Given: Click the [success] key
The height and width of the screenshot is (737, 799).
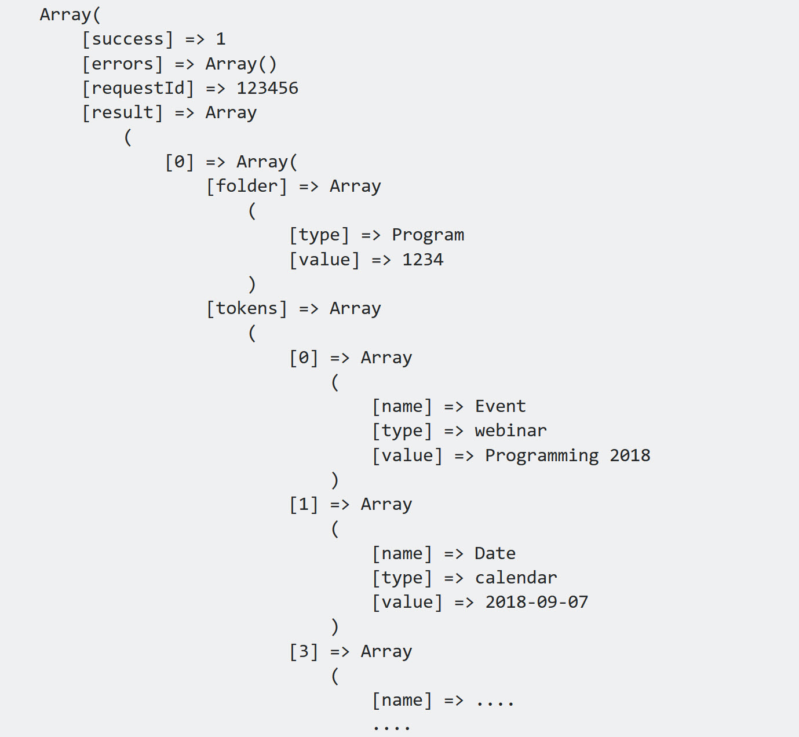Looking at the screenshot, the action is (127, 39).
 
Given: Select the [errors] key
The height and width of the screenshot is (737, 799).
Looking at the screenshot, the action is (122, 64).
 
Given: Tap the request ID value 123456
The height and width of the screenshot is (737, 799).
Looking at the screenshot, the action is (267, 88).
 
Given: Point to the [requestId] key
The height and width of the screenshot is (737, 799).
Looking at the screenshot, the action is (138, 88).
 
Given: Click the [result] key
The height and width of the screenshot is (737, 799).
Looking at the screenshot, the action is (122, 112).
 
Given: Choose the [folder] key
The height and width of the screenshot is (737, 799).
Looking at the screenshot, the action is (247, 186).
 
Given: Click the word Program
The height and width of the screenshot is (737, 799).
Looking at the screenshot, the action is (428, 235).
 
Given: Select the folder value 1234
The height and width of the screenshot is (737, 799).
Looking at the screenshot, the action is (422, 260).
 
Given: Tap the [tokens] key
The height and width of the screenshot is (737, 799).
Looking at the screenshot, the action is (247, 308).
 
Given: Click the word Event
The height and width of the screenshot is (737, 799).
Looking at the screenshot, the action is (500, 406).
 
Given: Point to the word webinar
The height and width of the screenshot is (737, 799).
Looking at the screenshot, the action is (510, 430).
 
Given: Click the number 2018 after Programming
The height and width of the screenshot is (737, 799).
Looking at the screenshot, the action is (630, 455).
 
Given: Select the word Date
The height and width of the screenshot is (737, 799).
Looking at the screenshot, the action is (495, 553).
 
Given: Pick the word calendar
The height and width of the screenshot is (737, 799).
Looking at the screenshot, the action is (516, 578).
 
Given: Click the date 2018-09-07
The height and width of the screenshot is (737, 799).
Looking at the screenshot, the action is (537, 602).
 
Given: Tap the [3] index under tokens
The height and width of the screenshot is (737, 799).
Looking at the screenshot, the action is (304, 651).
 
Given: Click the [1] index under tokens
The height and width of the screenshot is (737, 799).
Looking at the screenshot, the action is (304, 504).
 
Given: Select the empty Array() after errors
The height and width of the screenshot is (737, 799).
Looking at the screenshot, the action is (241, 64).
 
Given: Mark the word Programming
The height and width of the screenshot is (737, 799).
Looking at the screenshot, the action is (542, 455).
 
